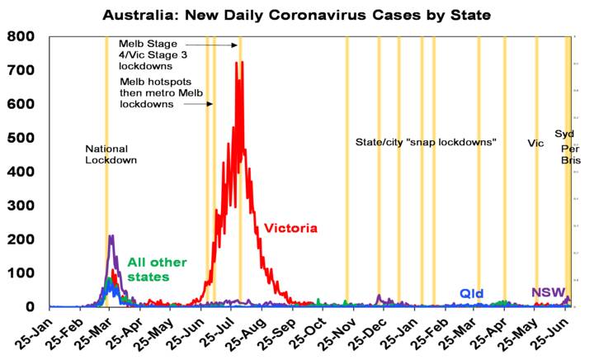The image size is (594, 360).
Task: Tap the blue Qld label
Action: coord(472,293)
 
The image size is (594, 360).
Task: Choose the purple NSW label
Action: coord(548,292)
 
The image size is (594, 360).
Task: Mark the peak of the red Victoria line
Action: coord(238,62)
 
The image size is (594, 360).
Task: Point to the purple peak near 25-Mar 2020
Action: coord(111,237)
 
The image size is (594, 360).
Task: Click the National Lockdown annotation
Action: coord(111,154)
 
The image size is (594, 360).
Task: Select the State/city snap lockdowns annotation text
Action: coord(425,142)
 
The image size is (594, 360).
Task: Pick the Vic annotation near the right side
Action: coord(536,143)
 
